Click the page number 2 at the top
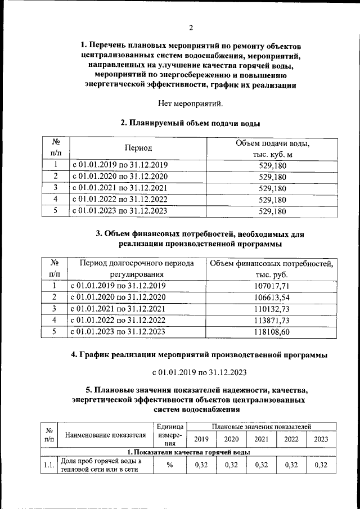point(191,28)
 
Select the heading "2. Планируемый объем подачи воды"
point(190,123)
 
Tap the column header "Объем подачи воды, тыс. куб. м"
point(272,148)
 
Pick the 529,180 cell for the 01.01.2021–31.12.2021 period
point(272,188)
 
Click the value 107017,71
point(272,286)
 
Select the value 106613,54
point(272,297)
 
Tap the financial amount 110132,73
point(272,309)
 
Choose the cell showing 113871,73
point(272,320)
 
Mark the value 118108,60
point(272,332)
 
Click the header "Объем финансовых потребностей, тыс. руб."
point(272,269)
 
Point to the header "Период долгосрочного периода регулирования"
point(137,269)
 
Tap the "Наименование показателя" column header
point(105,435)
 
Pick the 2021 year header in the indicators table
point(261,439)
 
